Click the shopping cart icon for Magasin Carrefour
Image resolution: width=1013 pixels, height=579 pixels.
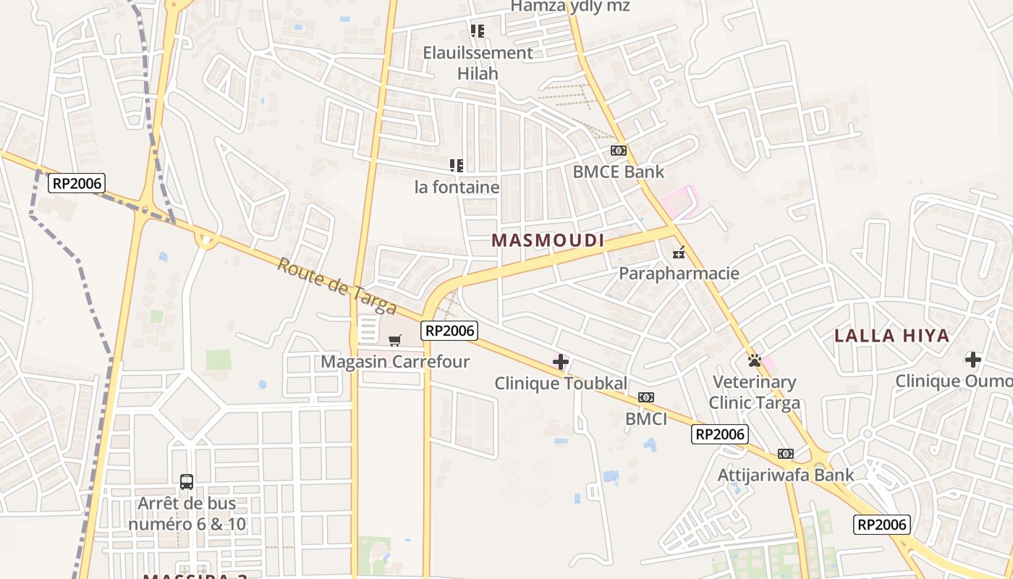pyautogui.click(x=395, y=340)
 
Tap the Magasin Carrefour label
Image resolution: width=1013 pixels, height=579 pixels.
pyautogui.click(x=395, y=361)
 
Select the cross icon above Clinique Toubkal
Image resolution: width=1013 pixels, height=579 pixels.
pyautogui.click(x=561, y=362)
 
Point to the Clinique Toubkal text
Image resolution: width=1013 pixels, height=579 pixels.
pyautogui.click(x=561, y=384)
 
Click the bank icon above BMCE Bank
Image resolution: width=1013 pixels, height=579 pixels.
pyautogui.click(x=618, y=151)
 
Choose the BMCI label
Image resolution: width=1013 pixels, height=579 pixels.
pyautogui.click(x=646, y=418)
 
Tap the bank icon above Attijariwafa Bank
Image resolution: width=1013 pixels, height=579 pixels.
pyautogui.click(x=786, y=454)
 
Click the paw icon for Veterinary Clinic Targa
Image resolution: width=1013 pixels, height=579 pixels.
pyautogui.click(x=755, y=360)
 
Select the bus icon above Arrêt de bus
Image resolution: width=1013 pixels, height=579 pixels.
pyautogui.click(x=187, y=481)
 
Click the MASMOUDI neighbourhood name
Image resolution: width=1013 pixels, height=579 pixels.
pyautogui.click(x=548, y=240)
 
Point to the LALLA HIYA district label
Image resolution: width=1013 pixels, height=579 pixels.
pyautogui.click(x=891, y=336)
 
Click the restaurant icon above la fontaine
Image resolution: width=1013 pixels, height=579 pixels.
pyautogui.click(x=457, y=166)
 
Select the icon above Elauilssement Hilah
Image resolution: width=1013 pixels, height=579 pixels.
pyautogui.click(x=478, y=31)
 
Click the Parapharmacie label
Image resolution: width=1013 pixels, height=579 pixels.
pyautogui.click(x=679, y=274)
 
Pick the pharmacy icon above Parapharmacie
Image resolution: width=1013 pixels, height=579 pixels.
pyautogui.click(x=679, y=253)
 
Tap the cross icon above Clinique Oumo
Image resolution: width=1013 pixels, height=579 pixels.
pyautogui.click(x=973, y=360)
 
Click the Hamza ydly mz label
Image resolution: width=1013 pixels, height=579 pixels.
pyautogui.click(x=570, y=7)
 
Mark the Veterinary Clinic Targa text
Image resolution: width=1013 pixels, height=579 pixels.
pyautogui.click(x=755, y=392)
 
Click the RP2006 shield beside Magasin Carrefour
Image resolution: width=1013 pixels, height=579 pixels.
pyautogui.click(x=449, y=331)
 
